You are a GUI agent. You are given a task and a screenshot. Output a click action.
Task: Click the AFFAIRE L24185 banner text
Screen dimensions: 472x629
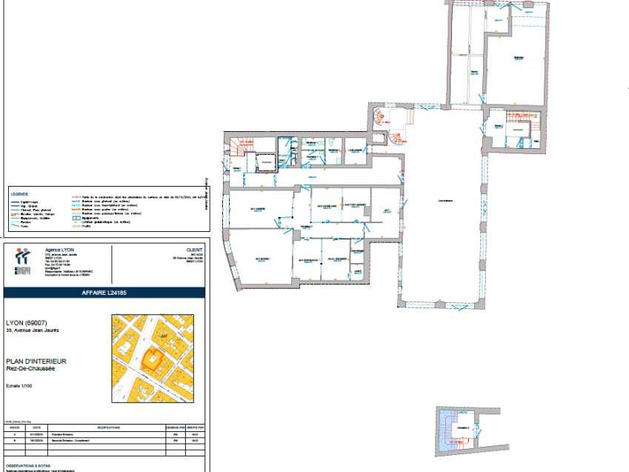104,293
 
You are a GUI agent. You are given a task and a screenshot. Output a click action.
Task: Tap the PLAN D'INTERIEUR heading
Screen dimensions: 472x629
36,361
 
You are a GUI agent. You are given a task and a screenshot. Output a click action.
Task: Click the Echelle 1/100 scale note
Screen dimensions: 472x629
20,385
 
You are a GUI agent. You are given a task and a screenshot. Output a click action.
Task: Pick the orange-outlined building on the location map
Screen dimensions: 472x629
153,359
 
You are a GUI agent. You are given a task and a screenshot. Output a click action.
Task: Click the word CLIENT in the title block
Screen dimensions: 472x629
194,250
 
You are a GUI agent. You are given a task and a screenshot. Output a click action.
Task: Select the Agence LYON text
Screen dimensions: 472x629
59,250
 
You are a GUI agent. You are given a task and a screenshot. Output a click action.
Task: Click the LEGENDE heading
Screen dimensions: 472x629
20,193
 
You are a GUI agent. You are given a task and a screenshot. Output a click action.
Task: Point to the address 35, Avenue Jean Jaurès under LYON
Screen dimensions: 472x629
32,330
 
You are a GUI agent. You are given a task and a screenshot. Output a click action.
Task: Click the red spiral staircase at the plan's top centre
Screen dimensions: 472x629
379,116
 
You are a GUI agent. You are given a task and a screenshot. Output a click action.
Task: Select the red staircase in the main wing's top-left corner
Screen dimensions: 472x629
238,146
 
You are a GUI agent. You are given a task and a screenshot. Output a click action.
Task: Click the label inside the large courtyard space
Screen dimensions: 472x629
445,199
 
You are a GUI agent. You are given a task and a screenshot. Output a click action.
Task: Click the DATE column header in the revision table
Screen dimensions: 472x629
37,428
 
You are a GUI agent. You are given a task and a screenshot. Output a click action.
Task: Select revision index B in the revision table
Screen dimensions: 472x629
14,440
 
